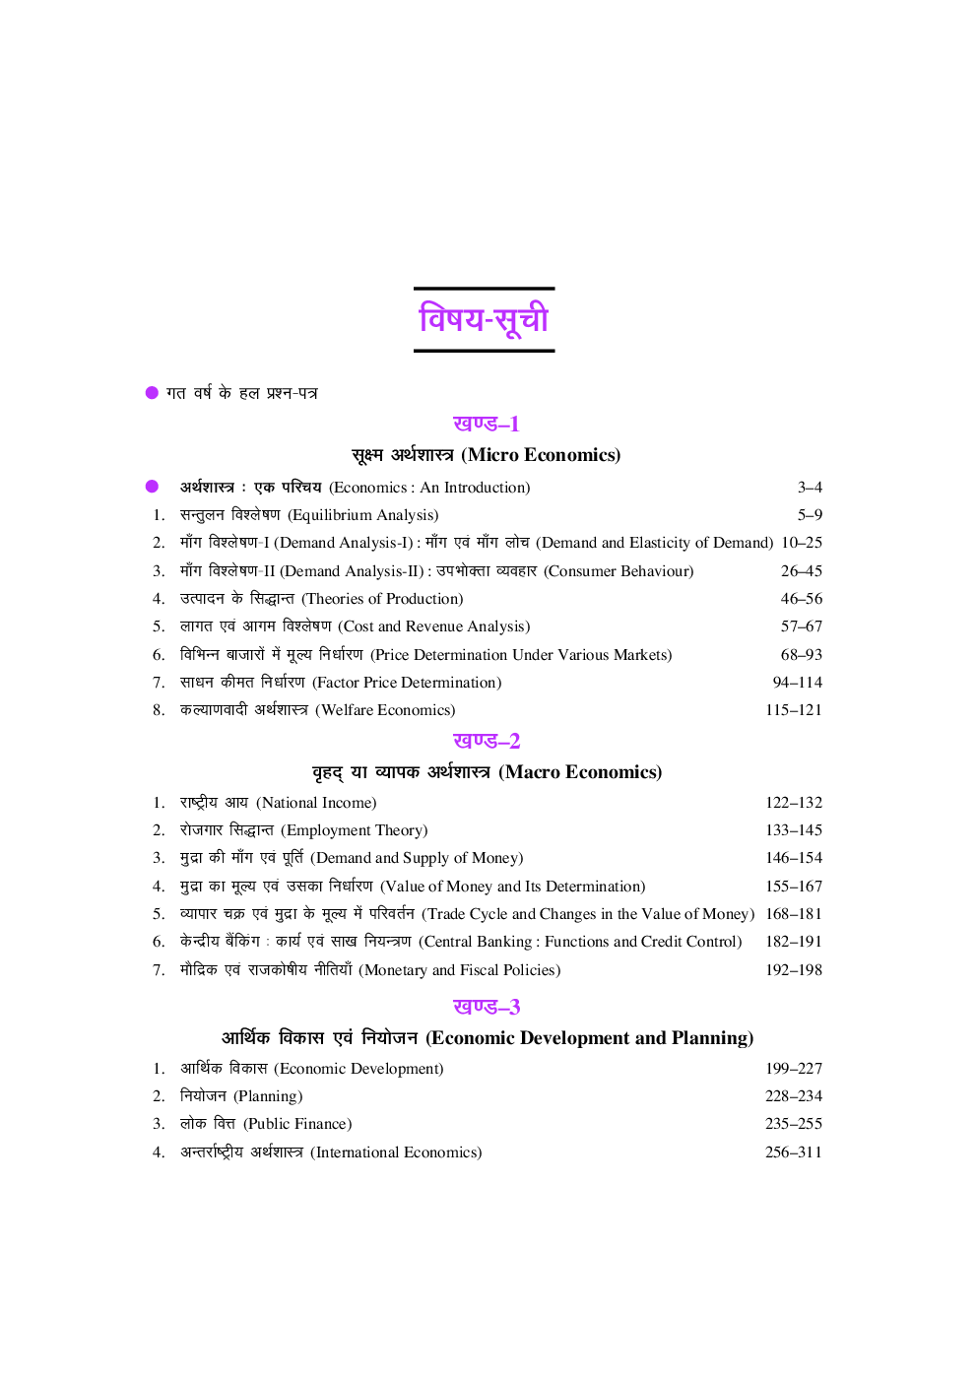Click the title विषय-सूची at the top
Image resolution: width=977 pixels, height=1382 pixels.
click(484, 319)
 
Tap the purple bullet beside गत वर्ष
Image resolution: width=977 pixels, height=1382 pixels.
click(152, 392)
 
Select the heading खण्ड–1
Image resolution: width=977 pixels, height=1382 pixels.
click(486, 424)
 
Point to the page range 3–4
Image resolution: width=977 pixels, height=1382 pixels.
click(810, 488)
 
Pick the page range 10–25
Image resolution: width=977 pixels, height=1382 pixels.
click(801, 543)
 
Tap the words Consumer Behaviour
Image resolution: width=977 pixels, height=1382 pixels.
click(619, 571)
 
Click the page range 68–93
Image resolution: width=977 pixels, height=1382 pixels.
click(801, 655)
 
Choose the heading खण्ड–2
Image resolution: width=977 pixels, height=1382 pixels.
click(486, 741)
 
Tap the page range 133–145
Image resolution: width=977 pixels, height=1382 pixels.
click(793, 830)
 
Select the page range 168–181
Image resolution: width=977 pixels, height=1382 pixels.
click(793, 914)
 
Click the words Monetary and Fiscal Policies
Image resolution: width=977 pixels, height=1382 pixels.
click(460, 970)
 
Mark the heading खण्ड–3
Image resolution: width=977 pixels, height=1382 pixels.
click(486, 1007)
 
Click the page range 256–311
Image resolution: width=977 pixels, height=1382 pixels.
click(793, 1152)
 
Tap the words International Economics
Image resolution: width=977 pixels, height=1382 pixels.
click(396, 1152)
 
